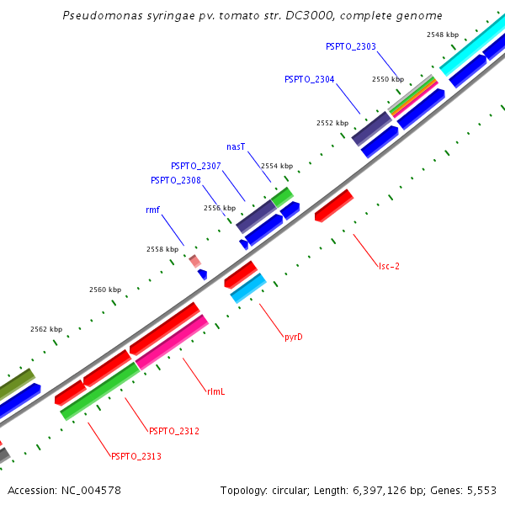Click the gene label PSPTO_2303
point(350,46)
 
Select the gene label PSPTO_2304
point(309,79)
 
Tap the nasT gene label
point(236,146)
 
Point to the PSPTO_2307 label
point(195,166)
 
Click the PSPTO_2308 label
point(175,180)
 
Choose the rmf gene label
point(152,210)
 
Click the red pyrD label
point(293,337)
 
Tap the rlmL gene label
point(215,391)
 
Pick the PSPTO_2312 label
point(173,431)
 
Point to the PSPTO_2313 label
point(136,456)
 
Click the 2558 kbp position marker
point(162,249)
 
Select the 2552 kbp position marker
point(332,123)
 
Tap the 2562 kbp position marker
point(46,329)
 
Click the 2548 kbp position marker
point(443,35)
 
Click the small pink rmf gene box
point(194,261)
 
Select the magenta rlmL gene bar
point(172,342)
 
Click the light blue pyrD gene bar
point(248,289)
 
